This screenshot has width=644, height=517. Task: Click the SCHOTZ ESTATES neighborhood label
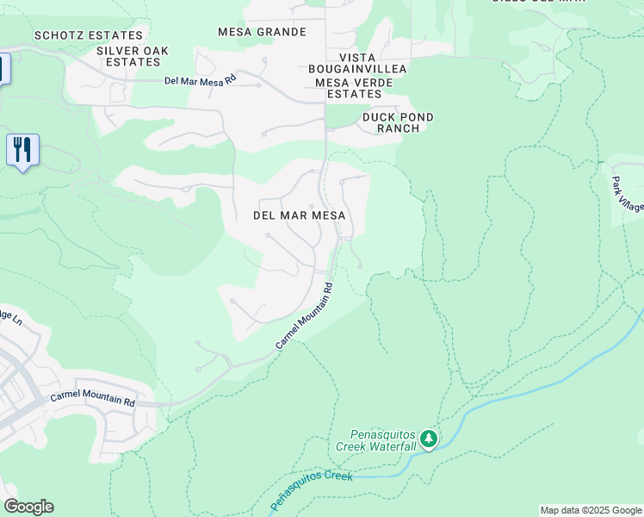pos(88,35)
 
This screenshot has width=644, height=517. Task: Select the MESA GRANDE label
pos(262,32)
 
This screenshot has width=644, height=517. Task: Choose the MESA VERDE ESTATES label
pos(348,88)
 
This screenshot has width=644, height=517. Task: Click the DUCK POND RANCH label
pos(398,122)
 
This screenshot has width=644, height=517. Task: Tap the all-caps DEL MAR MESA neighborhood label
pos(300,215)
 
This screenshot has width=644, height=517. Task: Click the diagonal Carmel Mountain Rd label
pos(304,315)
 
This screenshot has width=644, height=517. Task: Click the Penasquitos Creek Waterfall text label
pos(383,440)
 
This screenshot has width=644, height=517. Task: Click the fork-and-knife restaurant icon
pos(22,150)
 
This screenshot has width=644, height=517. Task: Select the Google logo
pos(28,507)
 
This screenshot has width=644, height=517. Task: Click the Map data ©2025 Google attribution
pos(591,510)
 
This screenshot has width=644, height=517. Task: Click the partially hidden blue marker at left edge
pos(3,68)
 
